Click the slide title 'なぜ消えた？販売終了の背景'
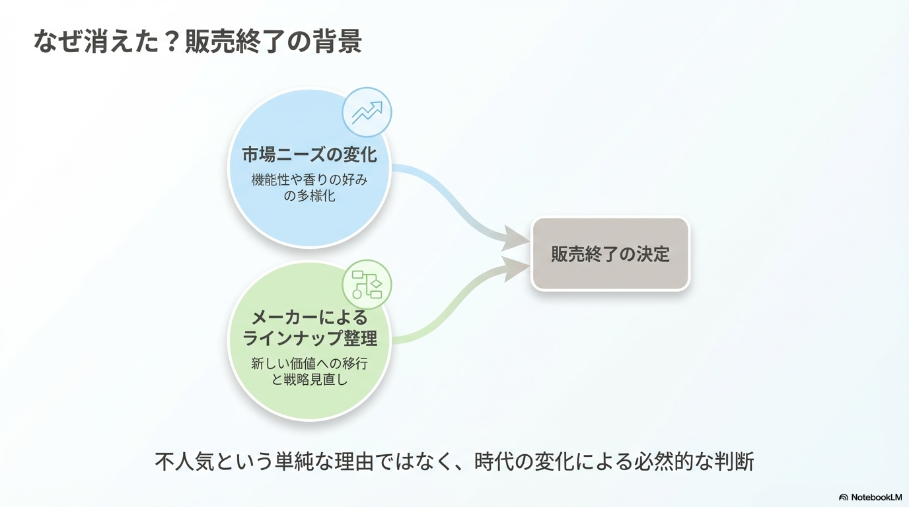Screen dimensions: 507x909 198,42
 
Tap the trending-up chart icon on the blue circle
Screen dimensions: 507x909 367,113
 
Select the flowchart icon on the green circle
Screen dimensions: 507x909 367,285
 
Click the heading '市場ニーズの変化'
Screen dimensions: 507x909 309,154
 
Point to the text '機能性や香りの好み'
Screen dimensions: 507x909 309,179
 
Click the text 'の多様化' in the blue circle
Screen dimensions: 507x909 309,195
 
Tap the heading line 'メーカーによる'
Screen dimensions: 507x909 309,318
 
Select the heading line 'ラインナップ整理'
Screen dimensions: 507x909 309,339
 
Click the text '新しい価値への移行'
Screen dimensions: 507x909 309,363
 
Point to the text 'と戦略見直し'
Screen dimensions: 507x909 309,380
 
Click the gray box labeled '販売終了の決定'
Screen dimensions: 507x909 610,254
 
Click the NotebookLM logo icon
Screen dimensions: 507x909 844,497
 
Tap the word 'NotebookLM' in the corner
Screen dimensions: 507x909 876,497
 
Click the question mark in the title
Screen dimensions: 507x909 171,42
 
